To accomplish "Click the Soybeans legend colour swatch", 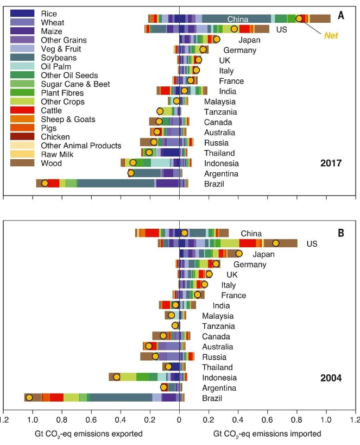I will click(23, 58).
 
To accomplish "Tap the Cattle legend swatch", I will click(23, 110).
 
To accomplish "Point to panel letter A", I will click(340, 16).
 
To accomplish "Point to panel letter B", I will click(341, 233).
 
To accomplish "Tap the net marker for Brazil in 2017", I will click(45, 184).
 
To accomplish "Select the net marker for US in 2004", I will click(275, 243).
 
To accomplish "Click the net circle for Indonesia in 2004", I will click(116, 377).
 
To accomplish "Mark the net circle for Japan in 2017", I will click(217, 39).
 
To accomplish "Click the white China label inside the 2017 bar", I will click(238, 19).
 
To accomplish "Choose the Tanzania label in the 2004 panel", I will click(219, 326).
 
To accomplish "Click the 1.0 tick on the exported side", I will click(33, 419).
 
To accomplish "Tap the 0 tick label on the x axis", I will click(179, 419).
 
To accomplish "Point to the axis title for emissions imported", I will click(267, 434).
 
